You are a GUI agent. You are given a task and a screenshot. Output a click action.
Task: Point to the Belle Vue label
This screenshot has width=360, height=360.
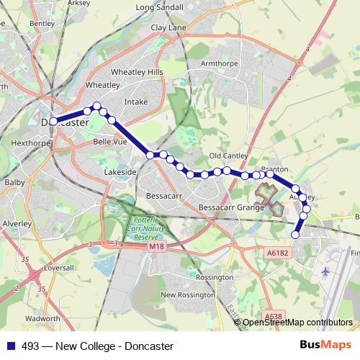point(110,143)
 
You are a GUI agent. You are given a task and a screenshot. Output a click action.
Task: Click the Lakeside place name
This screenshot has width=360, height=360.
point(120,173)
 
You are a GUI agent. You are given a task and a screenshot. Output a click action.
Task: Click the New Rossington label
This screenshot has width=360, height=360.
point(188,294)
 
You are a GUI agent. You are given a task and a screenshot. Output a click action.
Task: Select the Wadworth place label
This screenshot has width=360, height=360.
point(42,318)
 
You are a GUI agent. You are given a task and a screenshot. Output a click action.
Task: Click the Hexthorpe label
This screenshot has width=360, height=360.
point(30,143)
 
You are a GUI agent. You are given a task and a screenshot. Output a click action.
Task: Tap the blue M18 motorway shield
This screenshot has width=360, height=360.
point(157,247)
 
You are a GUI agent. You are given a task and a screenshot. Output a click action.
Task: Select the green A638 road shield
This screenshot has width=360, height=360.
point(274,316)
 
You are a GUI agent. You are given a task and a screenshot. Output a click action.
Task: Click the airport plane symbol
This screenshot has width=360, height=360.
point(325,271)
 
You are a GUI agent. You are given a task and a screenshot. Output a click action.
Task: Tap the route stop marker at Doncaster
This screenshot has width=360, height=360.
point(54,121)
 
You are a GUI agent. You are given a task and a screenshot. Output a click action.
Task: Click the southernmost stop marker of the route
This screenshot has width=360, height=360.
point(295,234)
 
